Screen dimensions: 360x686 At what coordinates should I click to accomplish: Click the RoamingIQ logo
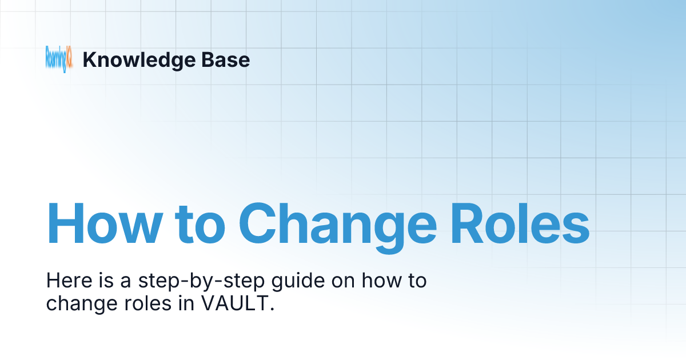coord(59,59)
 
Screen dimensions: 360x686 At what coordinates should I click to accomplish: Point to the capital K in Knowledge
coord(88,59)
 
